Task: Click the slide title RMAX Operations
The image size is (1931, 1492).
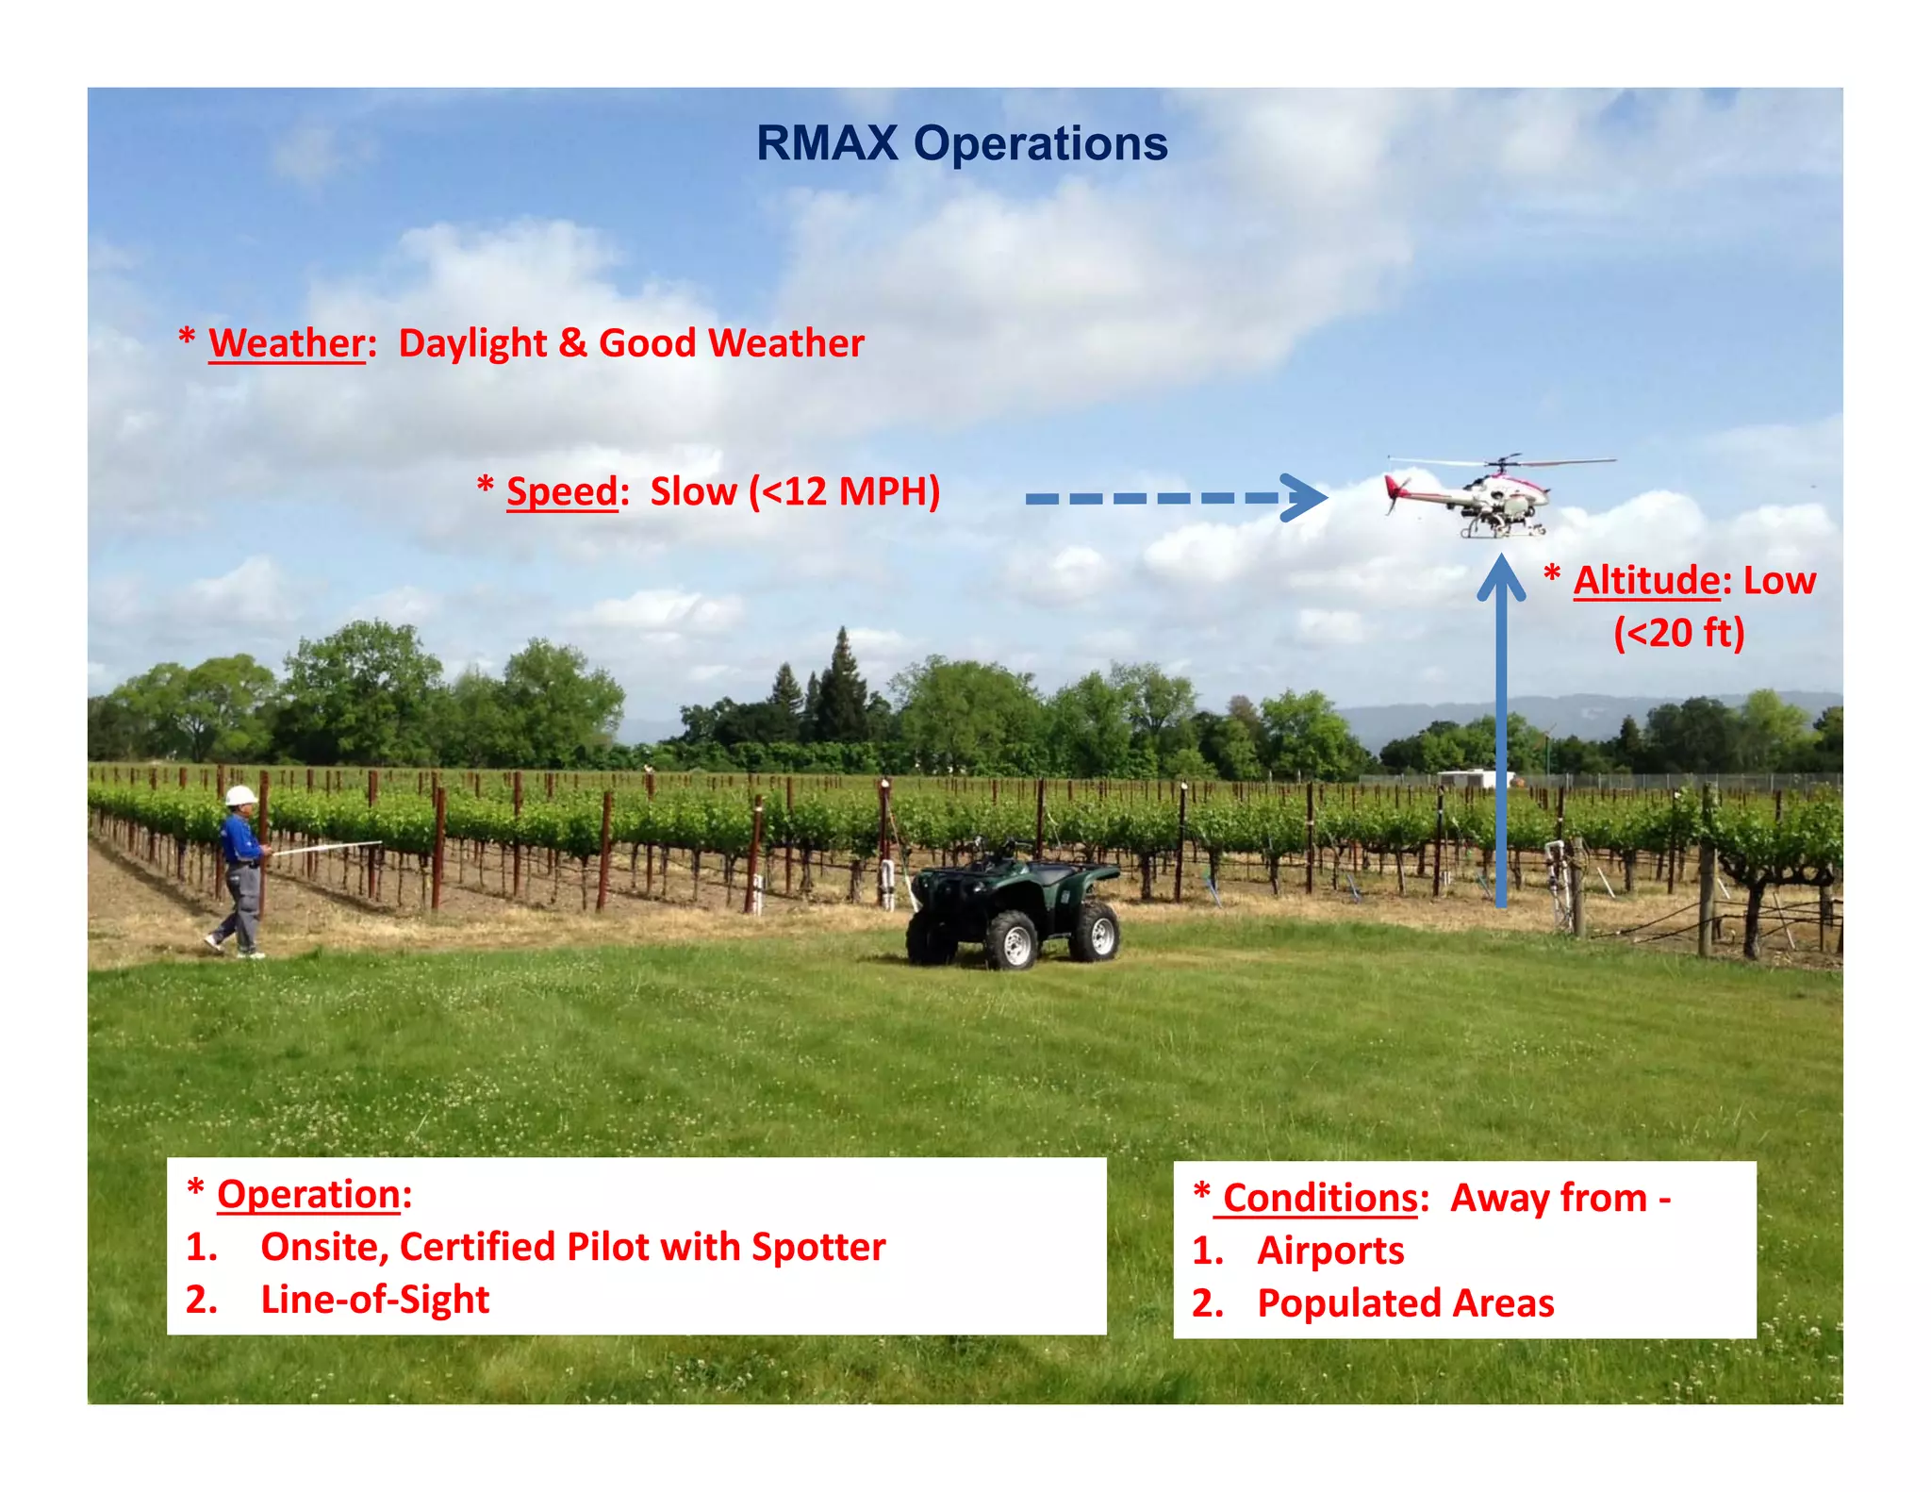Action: pos(962,143)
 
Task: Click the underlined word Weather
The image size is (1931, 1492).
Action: pos(287,343)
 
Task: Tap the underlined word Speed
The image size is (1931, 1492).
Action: pos(561,491)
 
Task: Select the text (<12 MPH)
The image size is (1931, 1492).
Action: pos(845,491)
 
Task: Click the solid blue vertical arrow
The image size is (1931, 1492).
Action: pos(1501,736)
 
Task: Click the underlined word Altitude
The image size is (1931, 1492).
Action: pos(1646,580)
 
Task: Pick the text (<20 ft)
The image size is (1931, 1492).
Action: pos(1678,632)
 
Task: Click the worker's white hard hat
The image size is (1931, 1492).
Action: pos(240,795)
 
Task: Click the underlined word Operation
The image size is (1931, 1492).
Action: pos(309,1194)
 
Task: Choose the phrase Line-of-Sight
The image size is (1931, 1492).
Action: pos(374,1300)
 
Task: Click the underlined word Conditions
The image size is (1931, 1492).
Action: pos(1320,1198)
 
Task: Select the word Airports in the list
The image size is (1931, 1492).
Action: pos(1329,1251)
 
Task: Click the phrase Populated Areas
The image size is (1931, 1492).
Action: pos(1405,1303)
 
